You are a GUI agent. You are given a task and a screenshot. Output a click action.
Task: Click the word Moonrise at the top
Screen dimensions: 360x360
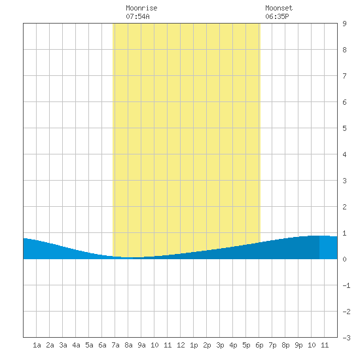coord(141,8)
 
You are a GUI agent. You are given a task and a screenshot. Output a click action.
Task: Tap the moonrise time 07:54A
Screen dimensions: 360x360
coord(137,16)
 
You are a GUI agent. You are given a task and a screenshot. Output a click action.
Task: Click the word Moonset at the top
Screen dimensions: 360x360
coord(279,8)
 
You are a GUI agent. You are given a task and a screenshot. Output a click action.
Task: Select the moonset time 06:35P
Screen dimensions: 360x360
coord(277,16)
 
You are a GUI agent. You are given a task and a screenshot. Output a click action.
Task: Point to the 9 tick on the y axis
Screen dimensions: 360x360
coord(344,24)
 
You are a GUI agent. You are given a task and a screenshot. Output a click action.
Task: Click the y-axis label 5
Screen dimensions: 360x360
coord(344,128)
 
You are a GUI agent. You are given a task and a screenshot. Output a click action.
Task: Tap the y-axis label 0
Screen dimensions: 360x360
coord(344,259)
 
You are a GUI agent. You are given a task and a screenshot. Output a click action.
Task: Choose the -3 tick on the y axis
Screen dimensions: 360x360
coord(346,338)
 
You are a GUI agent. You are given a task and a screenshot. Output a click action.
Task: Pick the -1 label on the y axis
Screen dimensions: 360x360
coord(346,285)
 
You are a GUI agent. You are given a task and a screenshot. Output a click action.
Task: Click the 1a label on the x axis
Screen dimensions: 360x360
coord(37,345)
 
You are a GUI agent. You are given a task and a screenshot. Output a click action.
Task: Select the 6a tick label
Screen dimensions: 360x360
coord(102,345)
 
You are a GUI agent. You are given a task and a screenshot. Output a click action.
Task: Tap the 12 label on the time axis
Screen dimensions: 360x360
coord(181,345)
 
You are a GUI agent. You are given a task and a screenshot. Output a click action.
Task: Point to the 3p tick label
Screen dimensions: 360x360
coord(220,345)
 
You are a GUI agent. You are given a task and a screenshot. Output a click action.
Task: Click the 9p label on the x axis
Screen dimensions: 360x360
coord(298,345)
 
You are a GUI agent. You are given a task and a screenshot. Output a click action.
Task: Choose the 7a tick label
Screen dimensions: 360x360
coord(115,345)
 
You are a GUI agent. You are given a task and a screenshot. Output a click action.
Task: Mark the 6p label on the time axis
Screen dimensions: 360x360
coord(259,345)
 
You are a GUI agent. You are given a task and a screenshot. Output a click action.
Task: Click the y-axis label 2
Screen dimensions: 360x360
coord(344,207)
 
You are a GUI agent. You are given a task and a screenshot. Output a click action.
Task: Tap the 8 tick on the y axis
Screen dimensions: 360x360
coord(344,50)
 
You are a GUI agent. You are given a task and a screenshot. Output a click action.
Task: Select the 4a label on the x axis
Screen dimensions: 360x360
coord(76,345)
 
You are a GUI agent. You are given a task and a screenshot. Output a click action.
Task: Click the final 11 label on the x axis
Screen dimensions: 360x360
coord(325,345)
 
